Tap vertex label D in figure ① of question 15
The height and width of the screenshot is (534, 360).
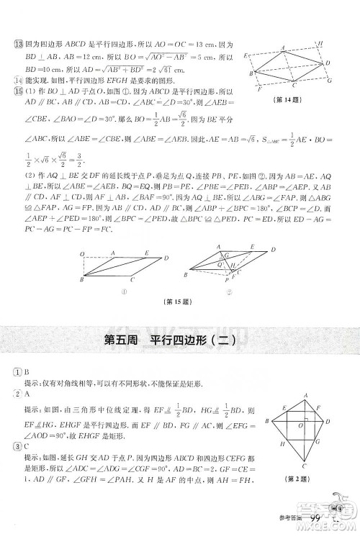[167, 258]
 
